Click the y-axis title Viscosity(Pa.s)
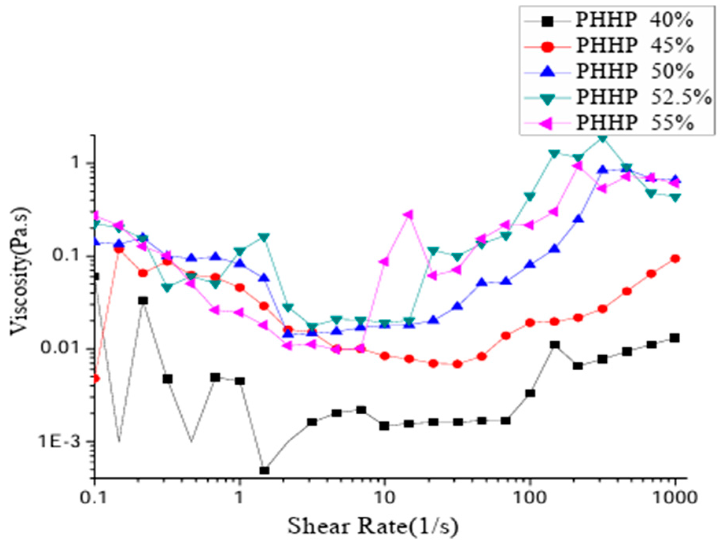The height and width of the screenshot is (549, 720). (x=20, y=272)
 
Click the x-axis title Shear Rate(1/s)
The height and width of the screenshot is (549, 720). (x=373, y=527)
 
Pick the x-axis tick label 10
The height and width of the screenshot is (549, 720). (x=384, y=498)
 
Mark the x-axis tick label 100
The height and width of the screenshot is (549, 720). (x=530, y=498)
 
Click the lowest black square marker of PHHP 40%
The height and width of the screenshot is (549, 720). (x=264, y=471)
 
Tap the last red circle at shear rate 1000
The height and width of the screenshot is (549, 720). (x=675, y=259)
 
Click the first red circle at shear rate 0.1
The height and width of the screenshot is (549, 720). (x=95, y=379)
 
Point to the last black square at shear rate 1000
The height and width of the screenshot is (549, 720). (x=675, y=338)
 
